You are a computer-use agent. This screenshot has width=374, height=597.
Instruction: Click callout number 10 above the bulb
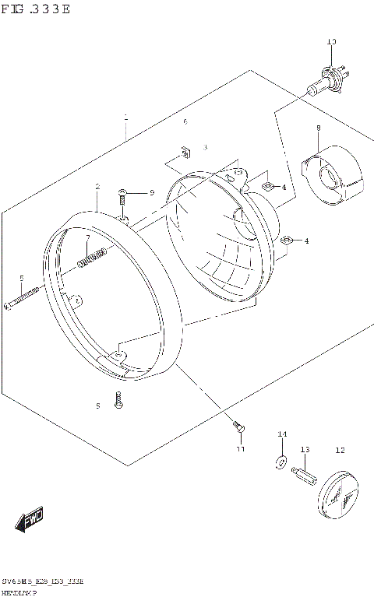(x=331, y=41)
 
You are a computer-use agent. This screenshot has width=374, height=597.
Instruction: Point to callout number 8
(x=318, y=127)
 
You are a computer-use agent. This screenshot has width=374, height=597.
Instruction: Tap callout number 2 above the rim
(x=97, y=187)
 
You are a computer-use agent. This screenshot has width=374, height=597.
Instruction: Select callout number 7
(x=88, y=237)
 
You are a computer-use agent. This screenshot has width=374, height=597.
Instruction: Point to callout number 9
(x=152, y=192)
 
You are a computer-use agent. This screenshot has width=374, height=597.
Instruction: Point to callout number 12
(x=340, y=450)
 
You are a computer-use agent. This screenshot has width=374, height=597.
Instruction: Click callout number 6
(x=185, y=122)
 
